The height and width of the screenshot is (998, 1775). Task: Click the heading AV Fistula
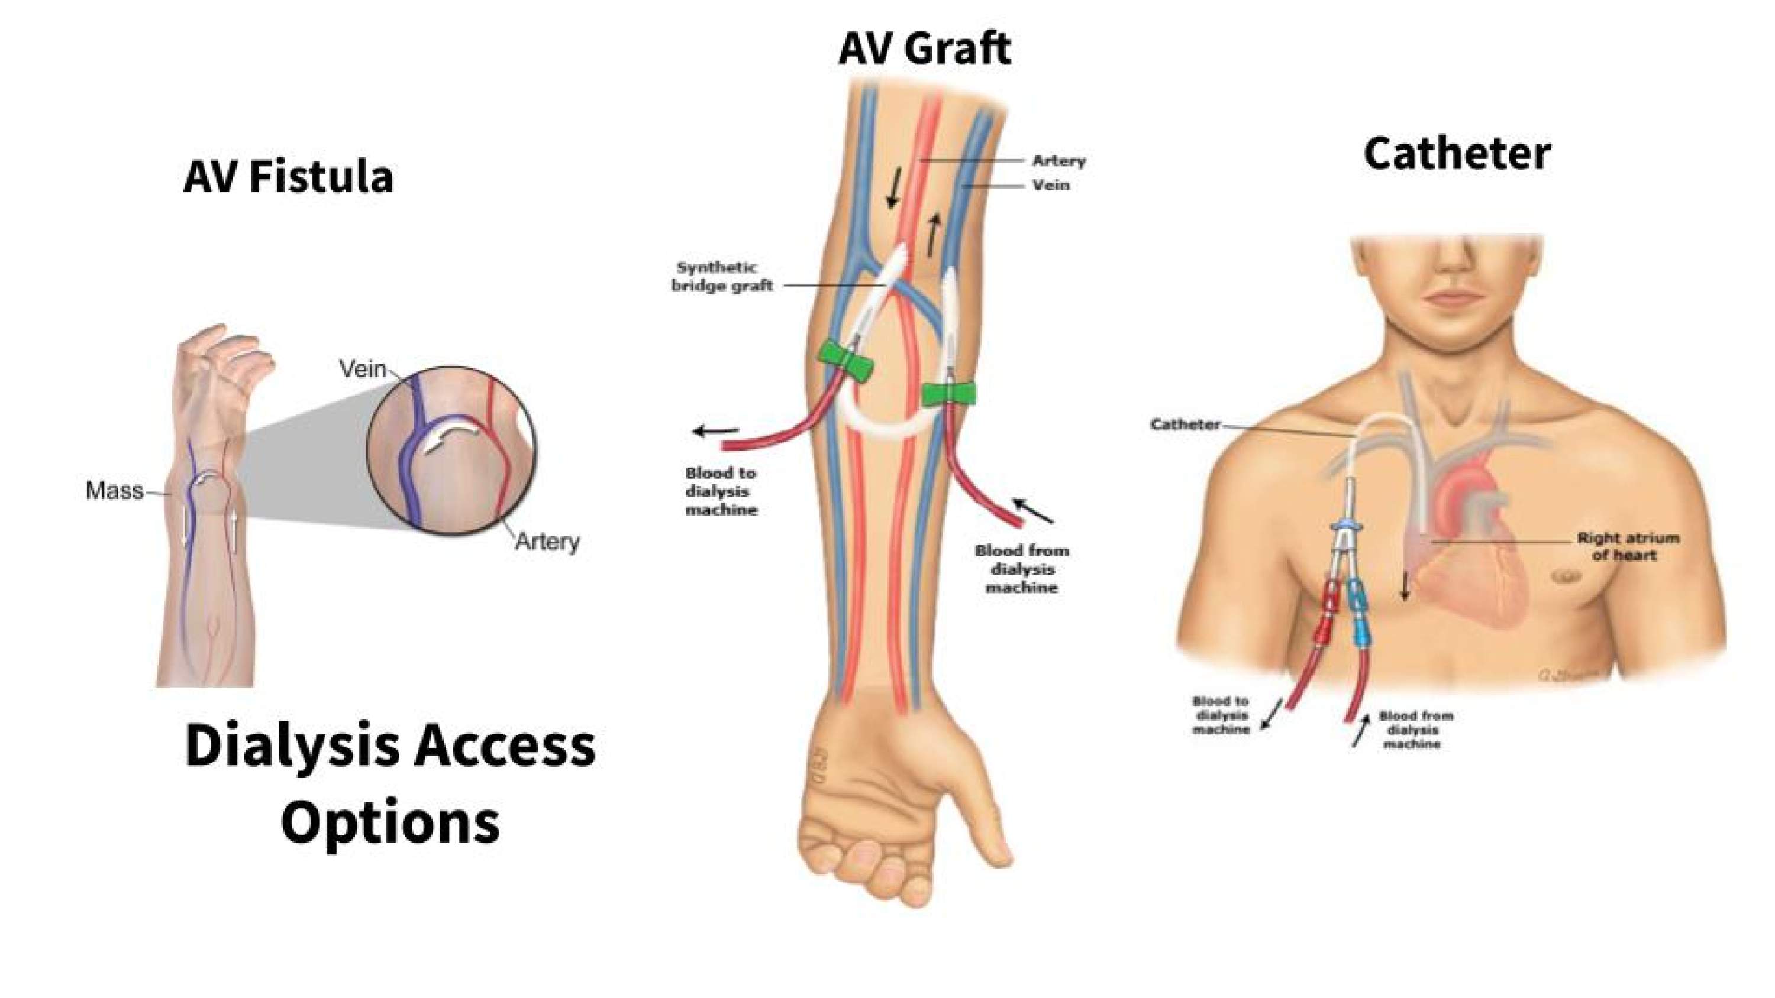click(x=288, y=177)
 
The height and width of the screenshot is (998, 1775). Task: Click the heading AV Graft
click(x=924, y=49)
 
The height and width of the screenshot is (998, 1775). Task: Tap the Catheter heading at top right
click(x=1457, y=154)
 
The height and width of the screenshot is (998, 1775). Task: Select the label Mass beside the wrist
click(x=114, y=491)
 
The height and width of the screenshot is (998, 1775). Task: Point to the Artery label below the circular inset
click(x=548, y=542)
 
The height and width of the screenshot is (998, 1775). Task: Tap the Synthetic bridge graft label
click(x=721, y=276)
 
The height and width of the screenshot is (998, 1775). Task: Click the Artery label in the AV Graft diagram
click(x=1058, y=161)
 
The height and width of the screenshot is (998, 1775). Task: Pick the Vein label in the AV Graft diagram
click(x=1051, y=185)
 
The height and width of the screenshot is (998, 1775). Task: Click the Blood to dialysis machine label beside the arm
click(x=721, y=492)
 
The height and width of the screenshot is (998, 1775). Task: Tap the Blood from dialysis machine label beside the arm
click(x=1021, y=569)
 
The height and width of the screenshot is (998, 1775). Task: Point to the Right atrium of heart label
click(x=1628, y=546)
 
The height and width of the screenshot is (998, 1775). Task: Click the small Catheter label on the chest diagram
click(x=1185, y=425)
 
